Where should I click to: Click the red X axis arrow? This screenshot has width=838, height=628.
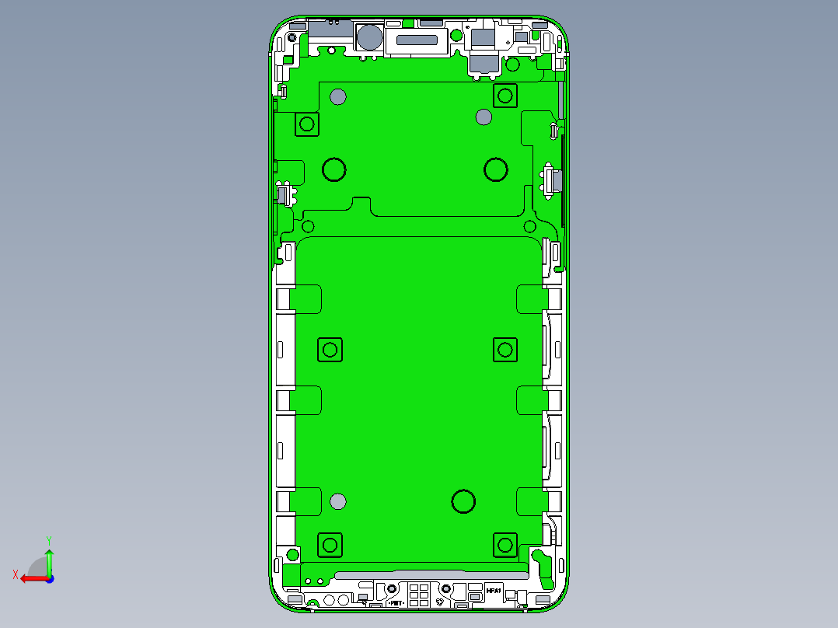[x=31, y=578]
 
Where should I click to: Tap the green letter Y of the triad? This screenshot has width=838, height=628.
[x=49, y=539]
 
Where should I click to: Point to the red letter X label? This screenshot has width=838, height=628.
[x=15, y=574]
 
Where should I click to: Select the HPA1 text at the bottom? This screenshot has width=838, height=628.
[x=494, y=591]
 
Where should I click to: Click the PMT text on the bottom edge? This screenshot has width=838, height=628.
[x=395, y=602]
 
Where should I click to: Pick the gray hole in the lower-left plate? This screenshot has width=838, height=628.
[x=337, y=501]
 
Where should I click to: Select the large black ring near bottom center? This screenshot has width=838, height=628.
[x=463, y=501]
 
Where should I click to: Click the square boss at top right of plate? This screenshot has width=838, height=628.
[x=505, y=96]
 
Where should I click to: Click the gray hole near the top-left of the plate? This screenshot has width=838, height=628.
[x=338, y=97]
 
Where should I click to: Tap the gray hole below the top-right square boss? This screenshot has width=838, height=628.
[x=484, y=117]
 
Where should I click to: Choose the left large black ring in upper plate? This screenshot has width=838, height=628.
[x=334, y=169]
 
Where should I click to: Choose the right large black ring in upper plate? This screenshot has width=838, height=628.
[x=496, y=169]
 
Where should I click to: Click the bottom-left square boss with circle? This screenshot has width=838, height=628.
[x=330, y=545]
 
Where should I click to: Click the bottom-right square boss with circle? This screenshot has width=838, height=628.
[x=505, y=545]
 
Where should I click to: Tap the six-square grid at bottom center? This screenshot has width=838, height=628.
[x=418, y=595]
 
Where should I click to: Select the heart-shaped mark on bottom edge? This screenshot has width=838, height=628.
[x=441, y=602]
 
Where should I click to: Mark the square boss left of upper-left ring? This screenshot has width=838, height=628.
[x=307, y=124]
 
